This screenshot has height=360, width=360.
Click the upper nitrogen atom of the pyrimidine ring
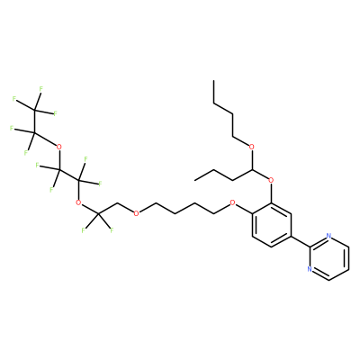329,236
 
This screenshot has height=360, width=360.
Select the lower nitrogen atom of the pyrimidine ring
310,269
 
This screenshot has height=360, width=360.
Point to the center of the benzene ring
272,225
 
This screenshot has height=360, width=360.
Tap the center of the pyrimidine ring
329,258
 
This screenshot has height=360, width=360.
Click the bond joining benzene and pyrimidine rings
301,241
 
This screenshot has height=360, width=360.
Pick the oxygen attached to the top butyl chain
252,147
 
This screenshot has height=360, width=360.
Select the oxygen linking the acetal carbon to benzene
271,180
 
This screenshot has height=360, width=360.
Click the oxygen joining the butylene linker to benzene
232,202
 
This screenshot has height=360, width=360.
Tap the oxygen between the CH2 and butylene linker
136,213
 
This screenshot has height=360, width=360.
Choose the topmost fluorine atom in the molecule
40,89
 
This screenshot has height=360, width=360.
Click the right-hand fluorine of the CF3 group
55,113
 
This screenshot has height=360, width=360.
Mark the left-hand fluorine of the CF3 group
14,99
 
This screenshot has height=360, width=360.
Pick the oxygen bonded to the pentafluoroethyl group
59,147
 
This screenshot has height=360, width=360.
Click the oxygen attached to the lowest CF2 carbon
78,202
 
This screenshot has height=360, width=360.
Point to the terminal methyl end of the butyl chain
213,81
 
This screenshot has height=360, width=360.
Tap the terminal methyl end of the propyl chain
195,180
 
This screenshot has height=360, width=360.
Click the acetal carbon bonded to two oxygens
252,169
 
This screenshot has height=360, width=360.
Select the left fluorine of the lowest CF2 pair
84,230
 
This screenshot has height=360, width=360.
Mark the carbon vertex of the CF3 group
35,110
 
